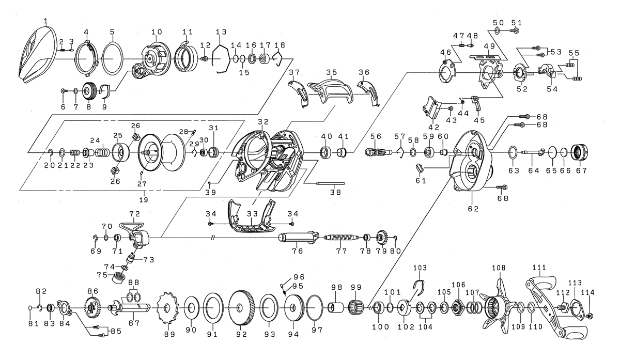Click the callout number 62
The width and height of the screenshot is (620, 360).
pos(473,209)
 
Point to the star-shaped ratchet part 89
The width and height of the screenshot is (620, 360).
pos(166,309)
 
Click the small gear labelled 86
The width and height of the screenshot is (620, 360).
pos(92,308)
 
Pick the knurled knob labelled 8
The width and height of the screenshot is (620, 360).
pos(89,92)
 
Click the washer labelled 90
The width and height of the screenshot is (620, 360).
pos(191,309)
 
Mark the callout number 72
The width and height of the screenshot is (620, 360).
pos(135,213)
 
